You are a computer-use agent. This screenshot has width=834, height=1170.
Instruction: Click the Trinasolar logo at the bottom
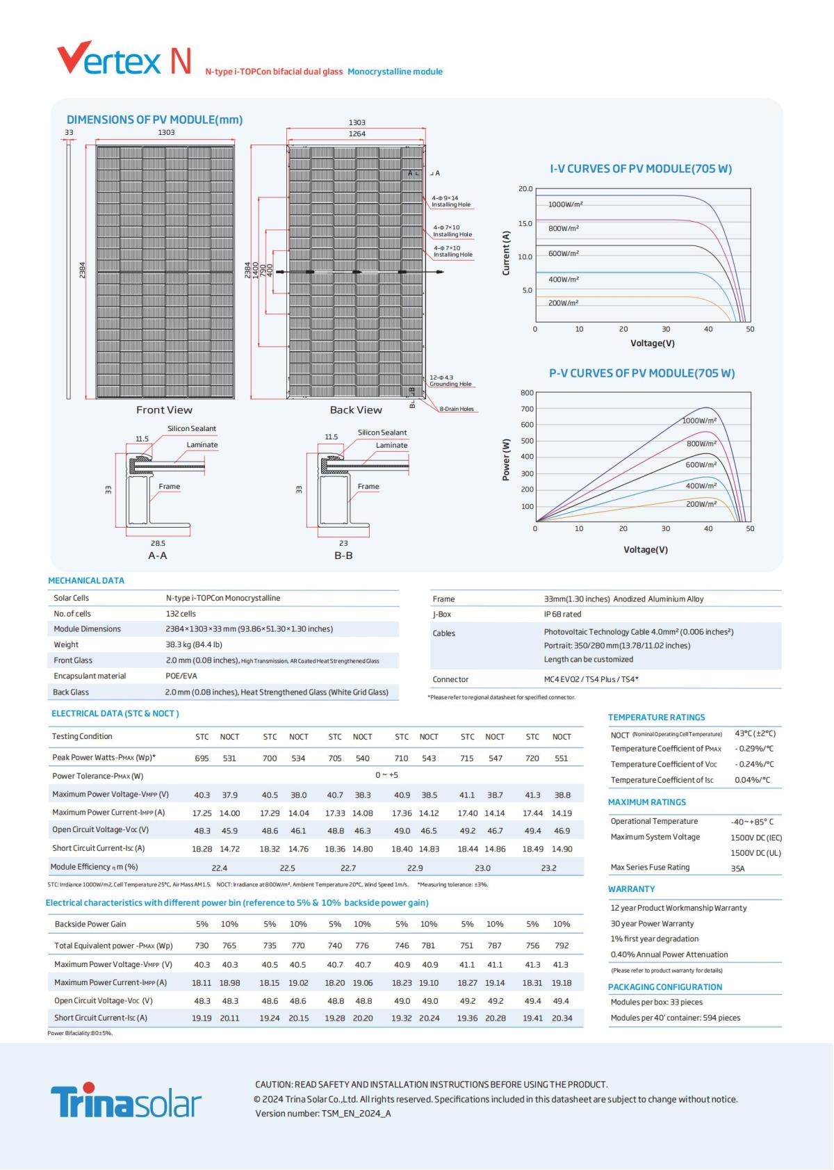(126, 1100)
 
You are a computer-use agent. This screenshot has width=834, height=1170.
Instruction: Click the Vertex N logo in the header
(124, 60)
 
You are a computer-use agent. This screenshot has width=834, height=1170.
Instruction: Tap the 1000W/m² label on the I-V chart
(565, 204)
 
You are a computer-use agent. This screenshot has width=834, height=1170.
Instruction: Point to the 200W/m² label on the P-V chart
(701, 504)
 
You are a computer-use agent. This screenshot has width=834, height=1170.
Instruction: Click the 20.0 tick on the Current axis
(525, 189)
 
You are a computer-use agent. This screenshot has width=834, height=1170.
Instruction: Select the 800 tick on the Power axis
(527, 393)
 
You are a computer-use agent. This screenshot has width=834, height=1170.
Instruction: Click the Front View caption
(164, 410)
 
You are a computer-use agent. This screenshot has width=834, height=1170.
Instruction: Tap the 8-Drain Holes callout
(456, 409)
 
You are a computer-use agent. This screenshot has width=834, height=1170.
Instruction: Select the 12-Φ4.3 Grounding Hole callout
(450, 381)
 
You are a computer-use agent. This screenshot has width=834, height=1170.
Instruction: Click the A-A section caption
(158, 555)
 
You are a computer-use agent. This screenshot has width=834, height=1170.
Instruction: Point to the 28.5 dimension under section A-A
(158, 544)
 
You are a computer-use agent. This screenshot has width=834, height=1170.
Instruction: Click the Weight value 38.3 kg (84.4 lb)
(194, 644)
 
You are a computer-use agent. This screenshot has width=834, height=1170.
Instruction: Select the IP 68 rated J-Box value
(562, 615)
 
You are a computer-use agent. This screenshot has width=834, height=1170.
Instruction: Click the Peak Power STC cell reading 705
(335, 758)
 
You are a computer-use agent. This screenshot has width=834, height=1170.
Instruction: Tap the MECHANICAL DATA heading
(86, 580)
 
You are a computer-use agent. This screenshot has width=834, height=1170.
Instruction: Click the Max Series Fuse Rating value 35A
(737, 868)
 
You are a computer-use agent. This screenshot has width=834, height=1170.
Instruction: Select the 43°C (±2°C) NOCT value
(755, 733)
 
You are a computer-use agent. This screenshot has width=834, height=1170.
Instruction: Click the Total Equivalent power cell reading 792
(562, 945)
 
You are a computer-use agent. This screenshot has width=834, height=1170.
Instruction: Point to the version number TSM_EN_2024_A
(356, 1114)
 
